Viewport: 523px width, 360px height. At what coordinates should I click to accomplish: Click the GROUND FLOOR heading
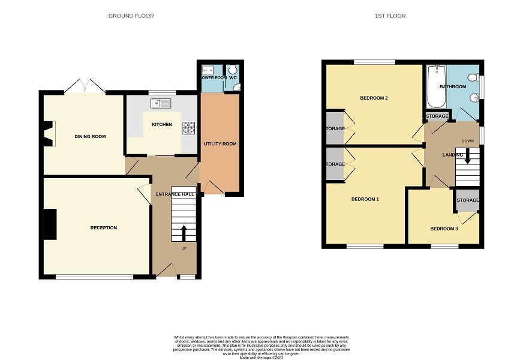(131, 16)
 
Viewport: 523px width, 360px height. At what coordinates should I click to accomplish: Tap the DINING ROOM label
(90, 137)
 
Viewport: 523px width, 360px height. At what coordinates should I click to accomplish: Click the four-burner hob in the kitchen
(189, 127)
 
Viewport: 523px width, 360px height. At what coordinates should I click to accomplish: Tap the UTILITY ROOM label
(220, 144)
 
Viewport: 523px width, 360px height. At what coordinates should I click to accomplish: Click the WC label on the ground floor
(233, 77)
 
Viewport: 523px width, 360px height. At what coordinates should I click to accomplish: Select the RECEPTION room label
(104, 228)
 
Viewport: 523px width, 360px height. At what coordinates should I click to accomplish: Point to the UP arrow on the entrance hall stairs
(184, 233)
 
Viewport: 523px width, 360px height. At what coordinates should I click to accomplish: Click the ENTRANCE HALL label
(175, 194)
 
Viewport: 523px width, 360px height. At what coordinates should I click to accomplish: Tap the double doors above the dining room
(85, 88)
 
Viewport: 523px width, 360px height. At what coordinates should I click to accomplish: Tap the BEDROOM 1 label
(365, 199)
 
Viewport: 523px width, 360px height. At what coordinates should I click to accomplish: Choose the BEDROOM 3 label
(444, 229)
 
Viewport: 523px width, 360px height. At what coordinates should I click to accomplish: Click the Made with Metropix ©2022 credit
(261, 358)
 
